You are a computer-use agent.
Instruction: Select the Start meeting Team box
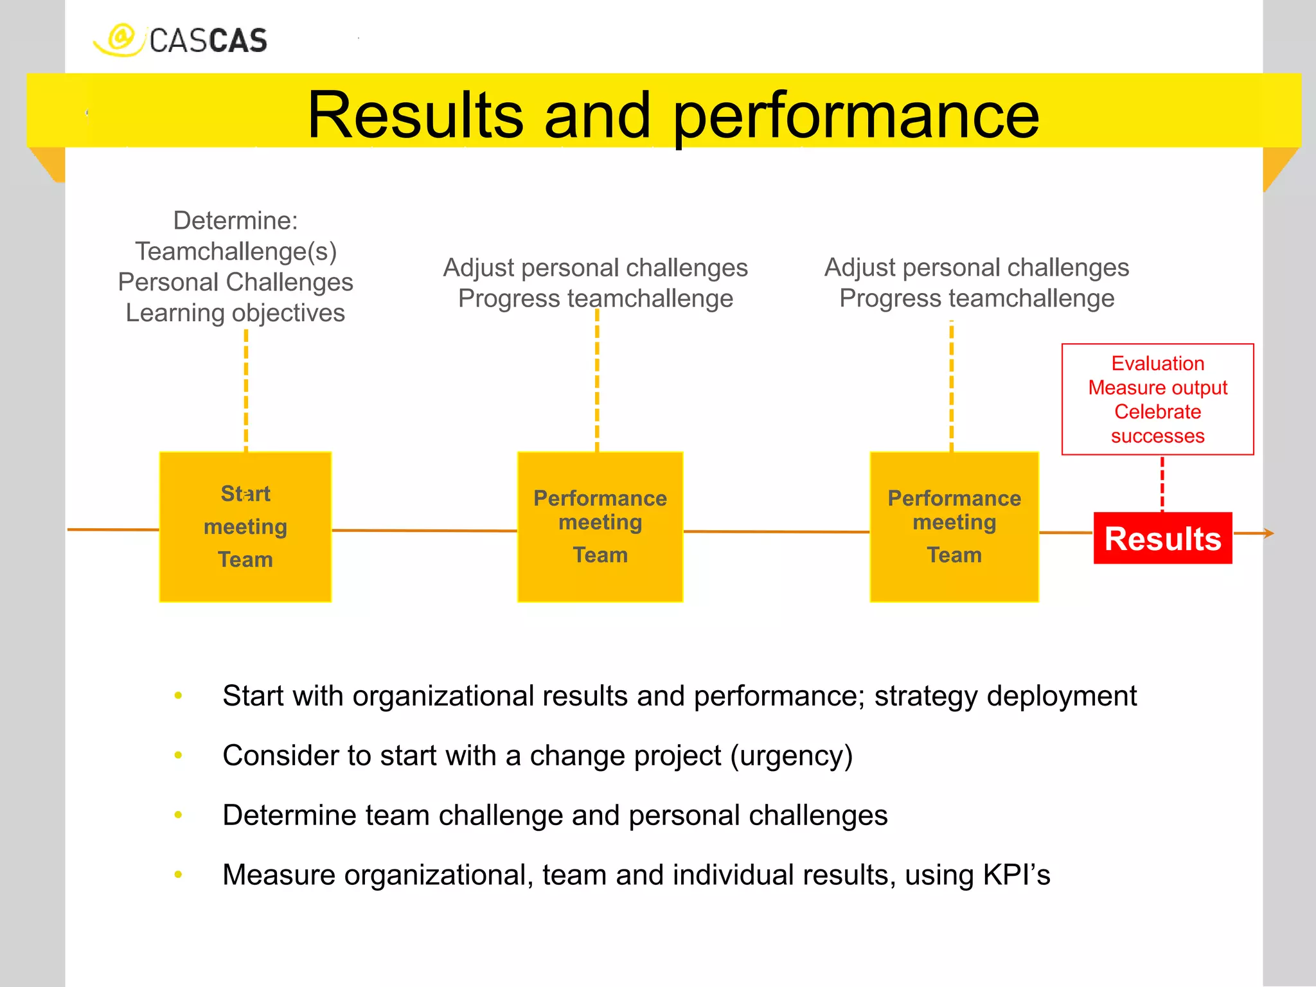click(x=245, y=527)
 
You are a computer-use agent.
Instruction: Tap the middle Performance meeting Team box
click(x=600, y=527)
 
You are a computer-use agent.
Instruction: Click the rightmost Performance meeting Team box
click(x=954, y=527)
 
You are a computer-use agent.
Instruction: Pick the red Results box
click(x=1162, y=538)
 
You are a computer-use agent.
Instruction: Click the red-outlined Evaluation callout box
click(x=1157, y=399)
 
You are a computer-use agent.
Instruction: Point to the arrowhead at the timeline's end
click(x=1268, y=533)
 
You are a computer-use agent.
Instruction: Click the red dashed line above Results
click(x=1162, y=484)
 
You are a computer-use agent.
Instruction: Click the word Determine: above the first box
click(x=235, y=220)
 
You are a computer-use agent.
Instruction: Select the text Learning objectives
click(x=235, y=313)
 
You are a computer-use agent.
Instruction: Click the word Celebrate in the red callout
click(x=1157, y=411)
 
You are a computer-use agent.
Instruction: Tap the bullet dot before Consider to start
click(x=178, y=756)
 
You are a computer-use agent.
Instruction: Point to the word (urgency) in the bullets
click(x=791, y=756)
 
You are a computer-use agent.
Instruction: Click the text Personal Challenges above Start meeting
click(x=235, y=282)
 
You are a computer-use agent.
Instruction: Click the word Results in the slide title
click(x=415, y=116)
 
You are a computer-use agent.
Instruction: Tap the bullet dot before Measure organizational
click(x=178, y=875)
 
